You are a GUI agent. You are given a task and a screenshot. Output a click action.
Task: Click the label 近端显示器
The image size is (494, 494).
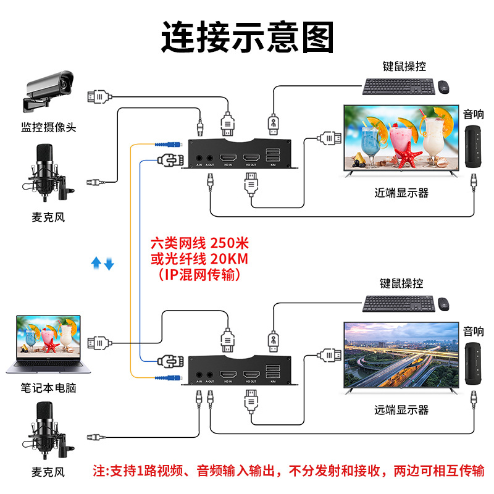pyautogui.click(x=401, y=193)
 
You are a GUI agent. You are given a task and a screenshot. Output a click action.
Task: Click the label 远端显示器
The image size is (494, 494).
pyautogui.click(x=401, y=409)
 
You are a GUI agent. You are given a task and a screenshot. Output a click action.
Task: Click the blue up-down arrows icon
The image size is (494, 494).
pyautogui.click(x=103, y=264)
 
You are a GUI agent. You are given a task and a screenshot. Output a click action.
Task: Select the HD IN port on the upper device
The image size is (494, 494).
pyautogui.click(x=228, y=157)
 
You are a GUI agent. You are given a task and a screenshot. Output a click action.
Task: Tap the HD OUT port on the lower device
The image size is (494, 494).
pyautogui.click(x=251, y=374)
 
